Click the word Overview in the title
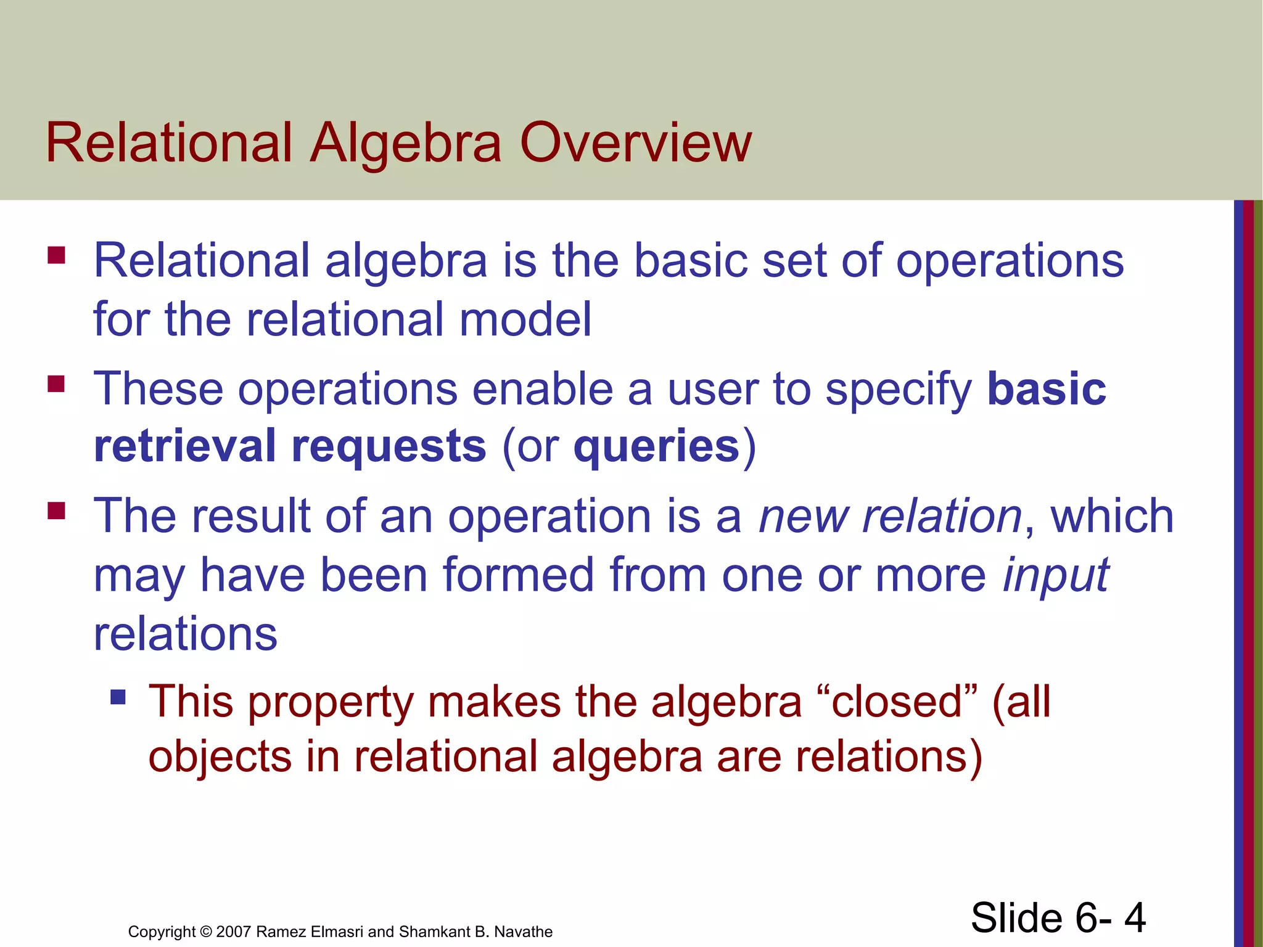[x=636, y=143]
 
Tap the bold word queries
[x=656, y=446]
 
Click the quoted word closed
[x=897, y=703]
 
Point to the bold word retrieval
[x=184, y=446]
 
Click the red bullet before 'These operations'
[x=56, y=384]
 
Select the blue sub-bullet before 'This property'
[x=118, y=697]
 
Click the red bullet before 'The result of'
[x=56, y=511]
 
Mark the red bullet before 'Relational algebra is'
[x=56, y=255]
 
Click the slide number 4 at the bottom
[x=1134, y=917]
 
